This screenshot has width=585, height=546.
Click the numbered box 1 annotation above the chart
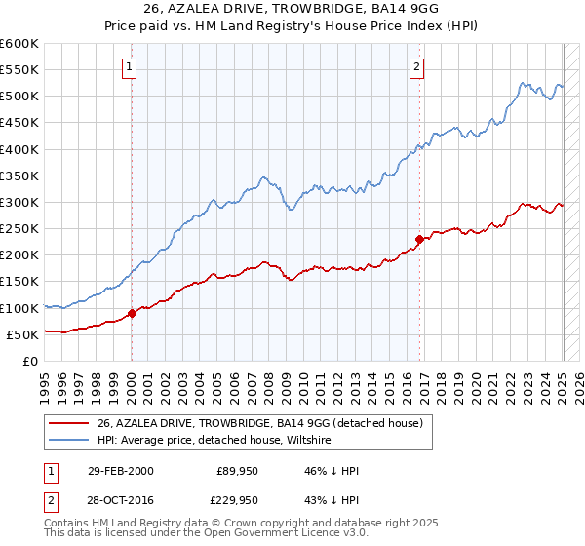point(130,67)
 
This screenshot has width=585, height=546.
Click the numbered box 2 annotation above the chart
point(416,67)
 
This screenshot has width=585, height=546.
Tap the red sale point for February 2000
point(132,313)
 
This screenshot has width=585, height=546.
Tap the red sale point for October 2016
point(419,239)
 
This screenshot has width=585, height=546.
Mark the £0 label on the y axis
point(29,361)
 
